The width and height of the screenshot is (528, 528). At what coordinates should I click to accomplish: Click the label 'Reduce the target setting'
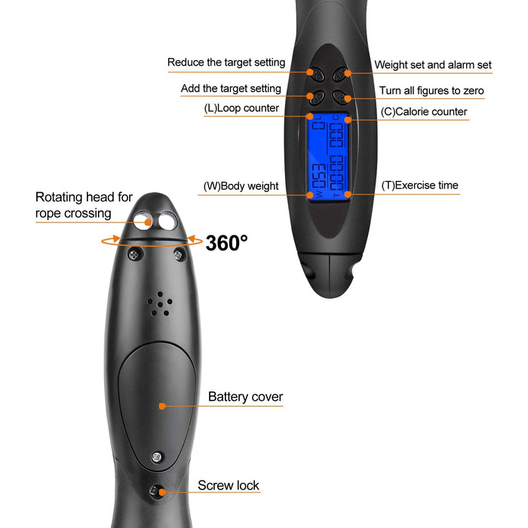click(226, 63)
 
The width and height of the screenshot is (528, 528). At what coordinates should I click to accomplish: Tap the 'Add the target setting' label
click(231, 89)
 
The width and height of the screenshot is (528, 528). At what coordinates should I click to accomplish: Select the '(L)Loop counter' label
click(241, 109)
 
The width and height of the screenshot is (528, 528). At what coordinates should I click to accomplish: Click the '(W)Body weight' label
click(241, 186)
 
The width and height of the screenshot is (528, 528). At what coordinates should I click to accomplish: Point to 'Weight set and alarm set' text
click(433, 66)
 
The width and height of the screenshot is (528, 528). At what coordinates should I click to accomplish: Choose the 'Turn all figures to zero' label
click(431, 91)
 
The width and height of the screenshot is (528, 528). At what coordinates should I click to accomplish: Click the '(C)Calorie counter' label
click(423, 112)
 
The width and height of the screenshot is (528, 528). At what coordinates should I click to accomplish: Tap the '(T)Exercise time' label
click(419, 185)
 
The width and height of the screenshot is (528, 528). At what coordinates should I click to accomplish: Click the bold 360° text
click(226, 243)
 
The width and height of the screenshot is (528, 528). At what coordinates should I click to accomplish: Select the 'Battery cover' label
click(246, 397)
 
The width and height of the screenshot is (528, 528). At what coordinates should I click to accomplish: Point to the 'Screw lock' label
click(229, 485)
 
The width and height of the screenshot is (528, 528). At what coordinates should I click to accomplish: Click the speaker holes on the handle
click(160, 304)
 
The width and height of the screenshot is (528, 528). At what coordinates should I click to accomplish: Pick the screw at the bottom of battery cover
click(157, 456)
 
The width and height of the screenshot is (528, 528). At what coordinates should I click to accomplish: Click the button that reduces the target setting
click(318, 74)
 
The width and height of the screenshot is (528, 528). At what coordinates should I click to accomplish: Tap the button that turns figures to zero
click(341, 97)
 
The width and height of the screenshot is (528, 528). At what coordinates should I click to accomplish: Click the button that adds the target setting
click(318, 97)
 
